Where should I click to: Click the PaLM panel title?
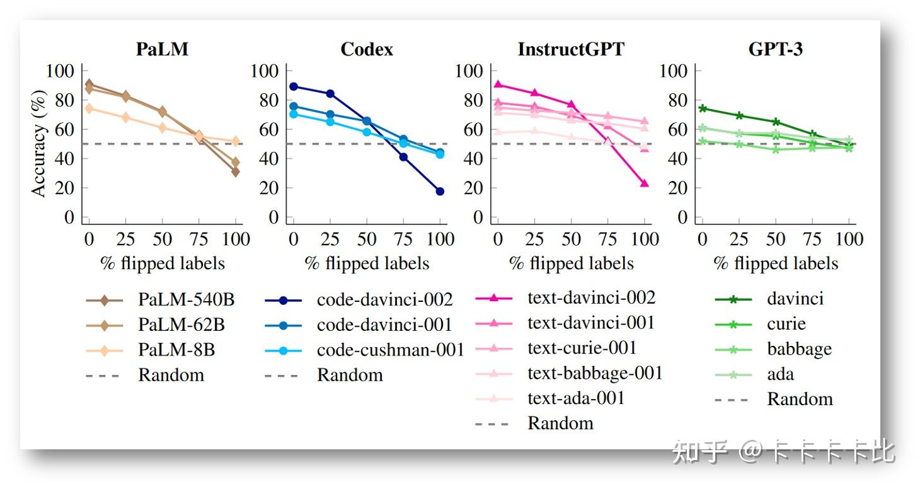click(162, 49)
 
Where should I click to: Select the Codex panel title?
click(366, 49)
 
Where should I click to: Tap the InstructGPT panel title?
click(570, 49)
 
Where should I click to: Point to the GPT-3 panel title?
click(775, 49)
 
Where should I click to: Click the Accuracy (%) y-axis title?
click(39, 144)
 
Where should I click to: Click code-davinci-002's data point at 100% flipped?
click(440, 191)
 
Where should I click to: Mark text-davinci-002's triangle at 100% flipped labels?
click(645, 183)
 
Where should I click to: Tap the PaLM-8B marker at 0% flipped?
click(89, 108)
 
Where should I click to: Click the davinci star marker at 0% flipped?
click(703, 108)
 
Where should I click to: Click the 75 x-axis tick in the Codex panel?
click(403, 239)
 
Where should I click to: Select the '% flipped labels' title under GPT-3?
click(775, 263)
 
